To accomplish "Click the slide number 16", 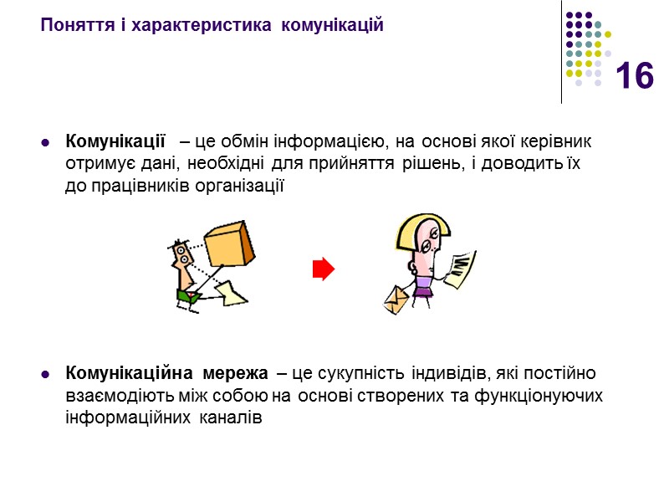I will (635, 77).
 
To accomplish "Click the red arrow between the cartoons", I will (323, 269).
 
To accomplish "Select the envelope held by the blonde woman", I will (396, 300).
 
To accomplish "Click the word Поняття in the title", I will (70, 24).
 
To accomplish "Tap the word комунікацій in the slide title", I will (333, 24).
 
